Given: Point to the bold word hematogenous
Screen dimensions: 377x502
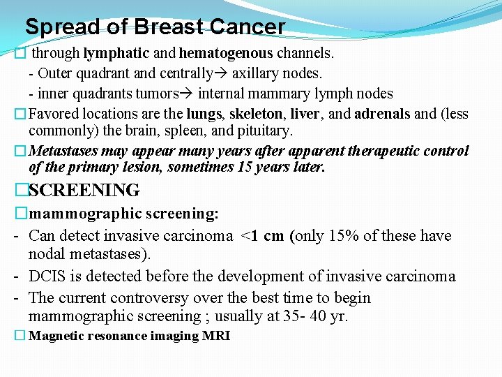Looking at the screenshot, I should pos(226,52).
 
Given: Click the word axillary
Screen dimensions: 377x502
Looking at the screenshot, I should pos(257,73).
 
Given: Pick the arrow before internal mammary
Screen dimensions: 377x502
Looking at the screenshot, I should pos(188,94).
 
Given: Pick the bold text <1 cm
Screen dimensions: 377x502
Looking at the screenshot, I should pos(262,236).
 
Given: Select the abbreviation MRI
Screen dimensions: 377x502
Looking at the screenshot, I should pos(218,336).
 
